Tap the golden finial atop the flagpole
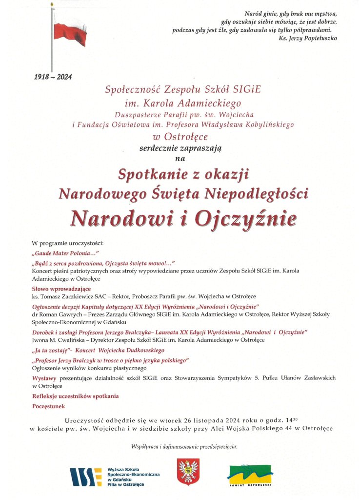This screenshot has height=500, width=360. click(x=52, y=5)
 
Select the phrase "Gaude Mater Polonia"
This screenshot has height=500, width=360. click(x=65, y=253)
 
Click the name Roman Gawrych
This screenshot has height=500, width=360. click(x=57, y=314)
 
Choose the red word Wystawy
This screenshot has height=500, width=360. click(x=44, y=378)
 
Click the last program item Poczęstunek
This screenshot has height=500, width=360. click(x=48, y=406)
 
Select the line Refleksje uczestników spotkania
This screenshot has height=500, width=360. click(x=75, y=396)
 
